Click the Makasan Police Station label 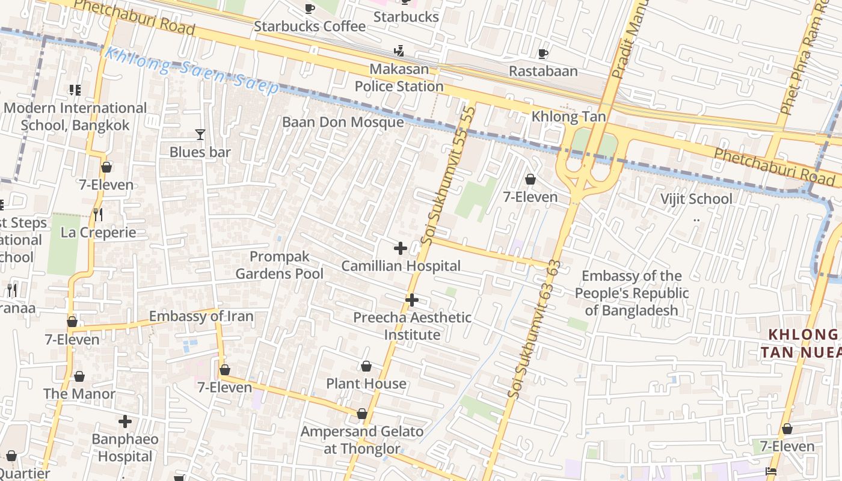(x=399, y=78)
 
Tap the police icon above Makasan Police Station (x=398, y=51)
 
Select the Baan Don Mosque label (x=343, y=122)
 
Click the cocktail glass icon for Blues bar (x=200, y=135)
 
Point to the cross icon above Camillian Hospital (x=400, y=248)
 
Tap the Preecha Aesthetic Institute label (x=412, y=326)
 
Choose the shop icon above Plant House (x=366, y=366)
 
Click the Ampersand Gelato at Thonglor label (x=362, y=440)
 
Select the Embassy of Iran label (x=201, y=316)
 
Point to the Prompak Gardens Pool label (x=280, y=265)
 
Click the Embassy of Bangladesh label (x=631, y=293)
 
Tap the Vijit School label (x=696, y=199)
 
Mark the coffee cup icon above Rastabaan (x=543, y=54)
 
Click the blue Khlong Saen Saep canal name (x=191, y=71)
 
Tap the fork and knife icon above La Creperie (x=98, y=215)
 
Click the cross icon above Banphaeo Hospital (x=125, y=421)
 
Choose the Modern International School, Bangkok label (x=75, y=117)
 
